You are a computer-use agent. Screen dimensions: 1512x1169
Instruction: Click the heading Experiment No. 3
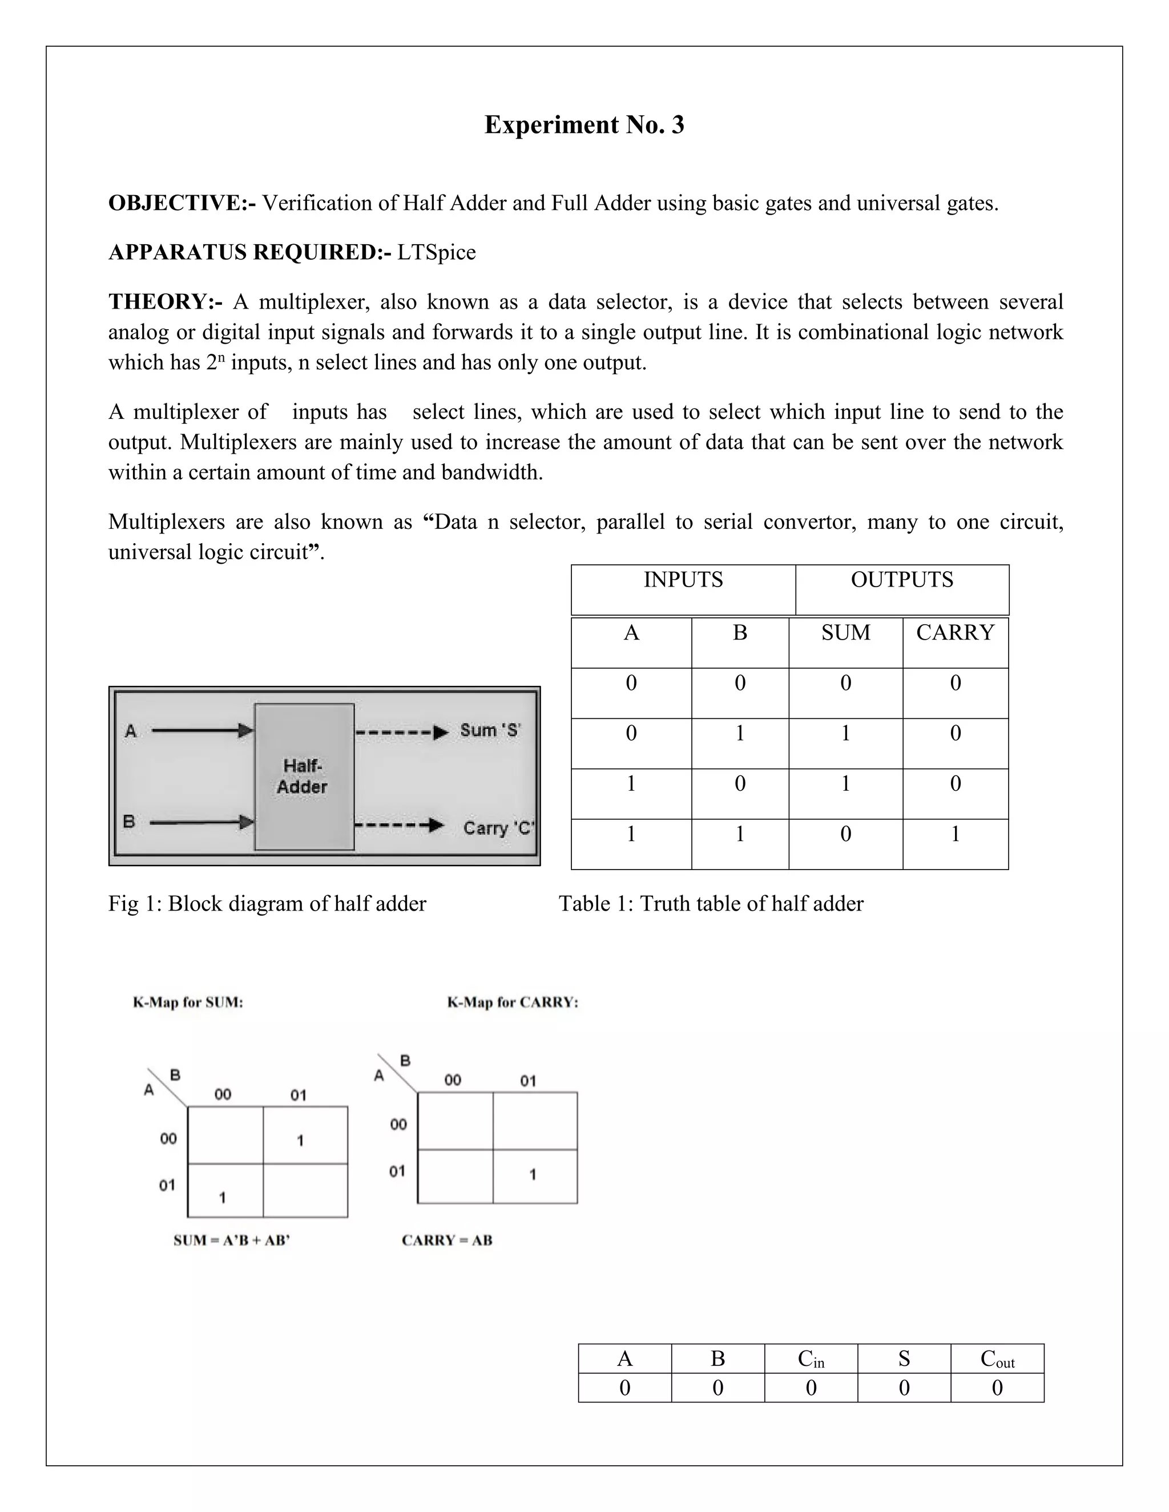584,124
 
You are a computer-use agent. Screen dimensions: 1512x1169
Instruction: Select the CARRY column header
955,633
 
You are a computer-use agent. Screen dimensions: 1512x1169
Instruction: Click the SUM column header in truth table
845,633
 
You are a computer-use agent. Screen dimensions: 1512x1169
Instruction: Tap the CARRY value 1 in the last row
955,834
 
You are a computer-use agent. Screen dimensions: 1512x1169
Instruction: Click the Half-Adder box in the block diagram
304,777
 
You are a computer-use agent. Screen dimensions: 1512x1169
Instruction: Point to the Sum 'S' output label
490,730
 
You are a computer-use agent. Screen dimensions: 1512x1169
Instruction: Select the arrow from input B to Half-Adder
201,822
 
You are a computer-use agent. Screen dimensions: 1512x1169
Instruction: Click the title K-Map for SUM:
188,1002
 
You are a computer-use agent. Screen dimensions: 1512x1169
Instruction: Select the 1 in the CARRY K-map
533,1174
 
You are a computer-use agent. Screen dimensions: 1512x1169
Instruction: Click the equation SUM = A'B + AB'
231,1240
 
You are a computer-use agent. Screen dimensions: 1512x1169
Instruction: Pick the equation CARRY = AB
447,1240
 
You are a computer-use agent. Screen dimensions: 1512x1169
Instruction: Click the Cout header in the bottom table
997,1359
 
